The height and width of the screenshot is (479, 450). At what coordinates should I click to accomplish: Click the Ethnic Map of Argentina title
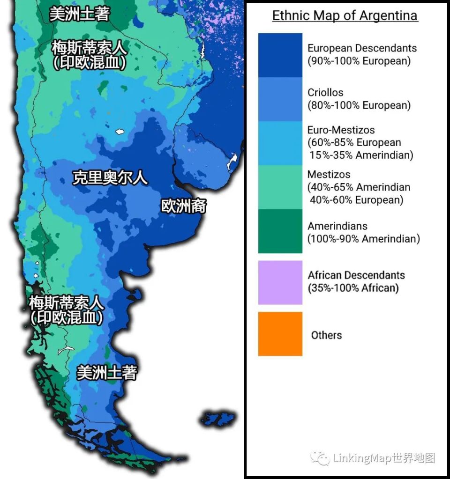pyautogui.click(x=345, y=15)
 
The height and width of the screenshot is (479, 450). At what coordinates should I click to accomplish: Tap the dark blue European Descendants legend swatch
pyautogui.click(x=280, y=55)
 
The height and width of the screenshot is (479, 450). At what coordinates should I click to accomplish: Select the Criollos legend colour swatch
pyautogui.click(x=280, y=99)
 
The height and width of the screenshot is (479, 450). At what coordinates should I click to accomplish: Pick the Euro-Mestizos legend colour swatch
pyautogui.click(x=280, y=143)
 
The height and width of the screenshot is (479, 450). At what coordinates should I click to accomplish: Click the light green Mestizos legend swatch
pyautogui.click(x=280, y=187)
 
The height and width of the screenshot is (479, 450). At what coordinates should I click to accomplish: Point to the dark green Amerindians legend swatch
pyautogui.click(x=280, y=231)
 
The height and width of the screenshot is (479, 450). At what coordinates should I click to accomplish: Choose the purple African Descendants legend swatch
pyautogui.click(x=280, y=282)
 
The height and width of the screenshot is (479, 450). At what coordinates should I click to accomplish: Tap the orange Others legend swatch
pyautogui.click(x=280, y=334)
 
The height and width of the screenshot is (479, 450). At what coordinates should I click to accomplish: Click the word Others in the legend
pyautogui.click(x=326, y=335)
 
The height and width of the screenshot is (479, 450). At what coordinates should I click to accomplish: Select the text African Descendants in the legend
pyautogui.click(x=356, y=275)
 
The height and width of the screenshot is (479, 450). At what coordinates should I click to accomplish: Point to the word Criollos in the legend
pyautogui.click(x=325, y=93)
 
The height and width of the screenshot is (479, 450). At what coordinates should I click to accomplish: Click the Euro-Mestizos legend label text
pyautogui.click(x=341, y=130)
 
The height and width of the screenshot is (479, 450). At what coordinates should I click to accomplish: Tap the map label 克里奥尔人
pyautogui.click(x=110, y=178)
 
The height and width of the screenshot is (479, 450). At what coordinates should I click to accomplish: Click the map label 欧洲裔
pyautogui.click(x=184, y=206)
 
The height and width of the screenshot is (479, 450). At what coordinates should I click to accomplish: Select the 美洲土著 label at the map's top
pyautogui.click(x=80, y=14)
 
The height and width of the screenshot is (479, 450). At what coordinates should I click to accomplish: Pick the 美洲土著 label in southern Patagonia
pyautogui.click(x=107, y=373)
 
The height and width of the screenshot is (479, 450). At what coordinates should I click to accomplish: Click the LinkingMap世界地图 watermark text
pyautogui.click(x=384, y=457)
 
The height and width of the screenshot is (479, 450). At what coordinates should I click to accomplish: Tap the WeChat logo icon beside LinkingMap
pyautogui.click(x=321, y=457)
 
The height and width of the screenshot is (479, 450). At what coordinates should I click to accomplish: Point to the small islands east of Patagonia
pyautogui.click(x=218, y=418)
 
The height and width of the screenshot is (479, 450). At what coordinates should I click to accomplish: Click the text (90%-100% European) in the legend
pyautogui.click(x=359, y=61)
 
